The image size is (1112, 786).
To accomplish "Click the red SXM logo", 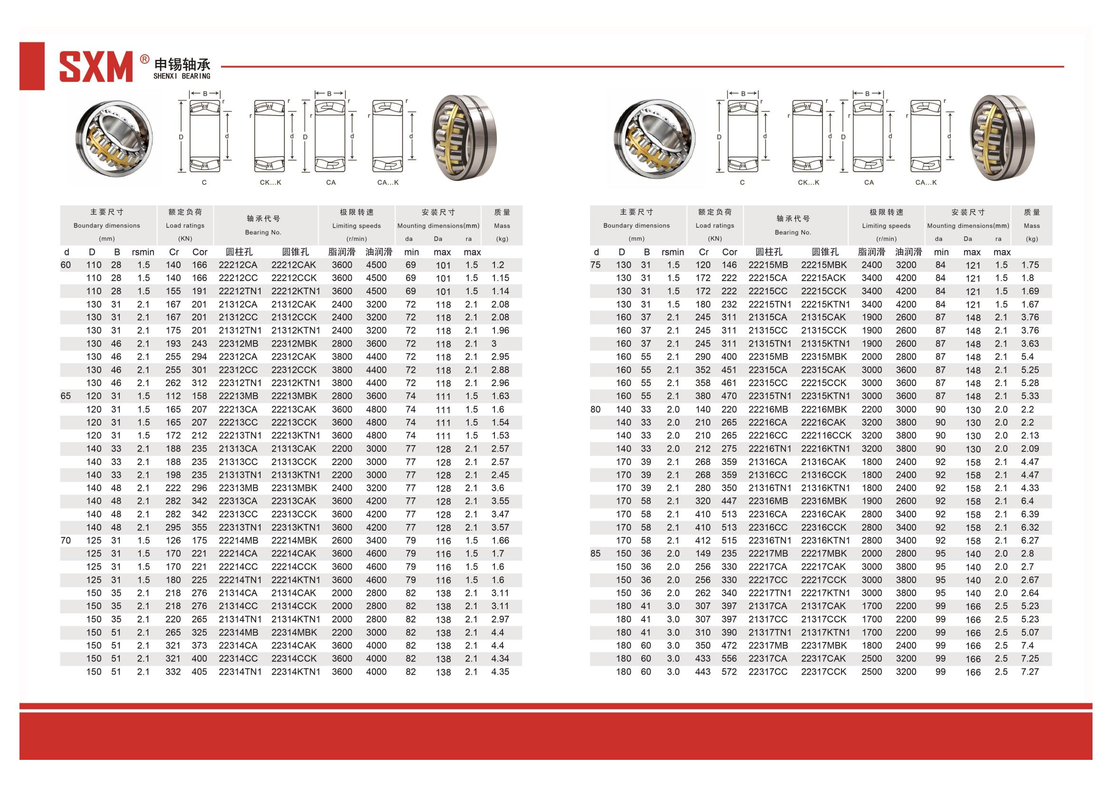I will click(96, 67).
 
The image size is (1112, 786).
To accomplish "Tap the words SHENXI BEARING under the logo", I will click(182, 77).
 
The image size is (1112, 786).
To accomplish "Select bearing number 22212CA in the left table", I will click(238, 265).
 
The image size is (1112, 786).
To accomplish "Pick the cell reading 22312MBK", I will click(294, 343).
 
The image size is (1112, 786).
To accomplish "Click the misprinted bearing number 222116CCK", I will click(826, 436).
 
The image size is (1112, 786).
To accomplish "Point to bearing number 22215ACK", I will click(823, 278).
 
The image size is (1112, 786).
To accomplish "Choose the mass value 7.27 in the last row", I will click(1030, 672).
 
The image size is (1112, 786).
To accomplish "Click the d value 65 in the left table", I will click(66, 396).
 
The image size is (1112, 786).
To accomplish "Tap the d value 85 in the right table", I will click(595, 553).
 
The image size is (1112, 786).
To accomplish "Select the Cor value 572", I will click(729, 672).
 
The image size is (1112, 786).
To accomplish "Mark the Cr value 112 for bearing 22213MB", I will click(173, 396).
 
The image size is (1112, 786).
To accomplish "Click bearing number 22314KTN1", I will click(295, 672).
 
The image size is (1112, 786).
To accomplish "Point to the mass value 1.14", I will click(500, 291).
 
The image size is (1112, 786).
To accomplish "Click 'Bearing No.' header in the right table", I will click(793, 233).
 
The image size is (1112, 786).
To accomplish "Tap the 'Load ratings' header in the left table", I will click(185, 226).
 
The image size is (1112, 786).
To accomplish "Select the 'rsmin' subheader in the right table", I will click(673, 252).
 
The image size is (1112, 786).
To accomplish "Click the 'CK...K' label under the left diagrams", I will click(270, 183).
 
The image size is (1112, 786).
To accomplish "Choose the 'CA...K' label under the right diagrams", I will click(926, 183).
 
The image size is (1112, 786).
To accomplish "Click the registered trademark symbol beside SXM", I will click(145, 59).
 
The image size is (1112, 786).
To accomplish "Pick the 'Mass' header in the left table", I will click(502, 226).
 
